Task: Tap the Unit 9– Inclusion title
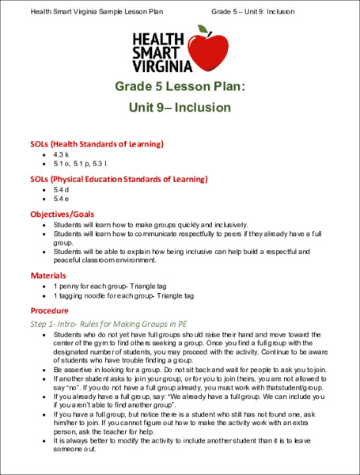click(x=180, y=106)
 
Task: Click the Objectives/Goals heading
click(x=63, y=215)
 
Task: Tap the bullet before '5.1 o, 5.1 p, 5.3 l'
click(x=44, y=164)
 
